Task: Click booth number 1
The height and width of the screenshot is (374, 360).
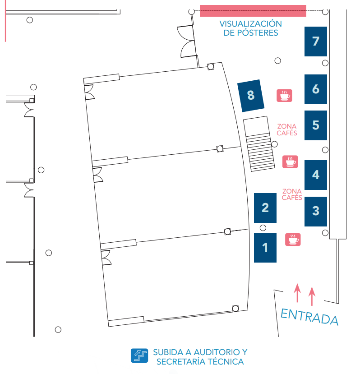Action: [x=265, y=247]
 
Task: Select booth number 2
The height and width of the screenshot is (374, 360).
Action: [x=265, y=208]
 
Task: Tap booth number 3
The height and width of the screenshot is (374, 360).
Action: [x=316, y=211]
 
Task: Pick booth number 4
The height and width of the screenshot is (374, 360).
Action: [x=316, y=175]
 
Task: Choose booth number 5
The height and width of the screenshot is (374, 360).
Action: [x=316, y=125]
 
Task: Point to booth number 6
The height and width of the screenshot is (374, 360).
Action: [x=316, y=89]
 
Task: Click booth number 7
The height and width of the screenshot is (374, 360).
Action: [x=316, y=42]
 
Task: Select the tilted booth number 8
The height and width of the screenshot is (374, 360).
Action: [x=251, y=96]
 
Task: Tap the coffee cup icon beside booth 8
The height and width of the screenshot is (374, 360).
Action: [x=284, y=95]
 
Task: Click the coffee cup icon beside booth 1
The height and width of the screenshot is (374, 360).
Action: [x=293, y=239]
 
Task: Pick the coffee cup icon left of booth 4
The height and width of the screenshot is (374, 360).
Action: [x=290, y=162]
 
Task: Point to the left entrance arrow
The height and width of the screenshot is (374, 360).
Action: [x=297, y=293]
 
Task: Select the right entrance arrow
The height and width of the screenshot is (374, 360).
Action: [x=311, y=296]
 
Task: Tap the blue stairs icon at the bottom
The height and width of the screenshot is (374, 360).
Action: [x=139, y=356]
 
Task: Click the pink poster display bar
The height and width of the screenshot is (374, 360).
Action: [x=253, y=10]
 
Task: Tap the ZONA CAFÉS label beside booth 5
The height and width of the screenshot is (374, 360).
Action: [x=287, y=129]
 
